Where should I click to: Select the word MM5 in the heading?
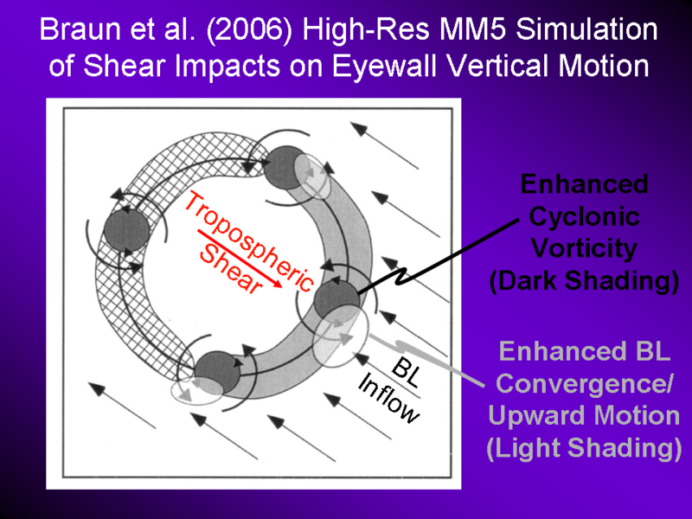click(472, 30)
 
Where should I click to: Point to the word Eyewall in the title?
click(384, 67)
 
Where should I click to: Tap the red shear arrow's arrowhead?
click(277, 284)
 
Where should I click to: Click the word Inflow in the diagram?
click(388, 398)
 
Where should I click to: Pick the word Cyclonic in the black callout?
click(584, 217)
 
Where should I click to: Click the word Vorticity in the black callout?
click(584, 248)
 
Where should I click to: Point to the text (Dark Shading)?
click(584, 280)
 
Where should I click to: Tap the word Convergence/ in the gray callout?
click(584, 383)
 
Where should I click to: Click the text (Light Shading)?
click(584, 447)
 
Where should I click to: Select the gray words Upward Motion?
click(584, 415)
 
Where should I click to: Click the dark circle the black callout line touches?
click(336, 301)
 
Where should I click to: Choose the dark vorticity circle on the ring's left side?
click(127, 231)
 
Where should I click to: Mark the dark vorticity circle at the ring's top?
click(287, 168)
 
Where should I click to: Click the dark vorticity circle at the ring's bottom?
click(218, 373)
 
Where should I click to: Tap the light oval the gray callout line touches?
click(340, 336)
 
